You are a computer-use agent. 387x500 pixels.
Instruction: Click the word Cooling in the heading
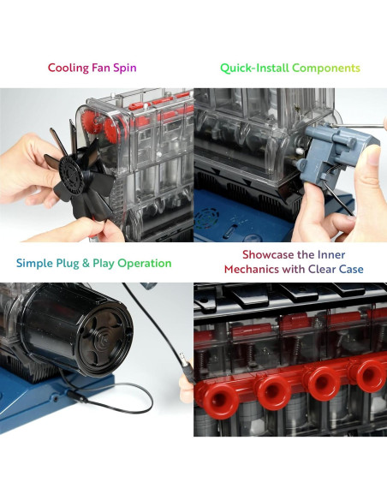[68, 68]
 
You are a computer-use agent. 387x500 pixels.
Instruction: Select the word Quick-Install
[254, 68]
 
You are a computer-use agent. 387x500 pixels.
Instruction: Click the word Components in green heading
[326, 68]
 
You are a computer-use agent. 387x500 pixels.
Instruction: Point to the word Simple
[35, 264]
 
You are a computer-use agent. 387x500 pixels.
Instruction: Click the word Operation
[145, 264]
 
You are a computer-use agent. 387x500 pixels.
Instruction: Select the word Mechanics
[252, 270]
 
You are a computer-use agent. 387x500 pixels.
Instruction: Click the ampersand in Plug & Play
[86, 264]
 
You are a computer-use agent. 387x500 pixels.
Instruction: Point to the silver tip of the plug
[182, 356]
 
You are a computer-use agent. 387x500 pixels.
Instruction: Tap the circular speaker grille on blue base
[207, 218]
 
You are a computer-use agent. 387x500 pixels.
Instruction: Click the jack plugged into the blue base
[76, 396]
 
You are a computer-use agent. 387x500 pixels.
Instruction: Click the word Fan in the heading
[101, 68]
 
